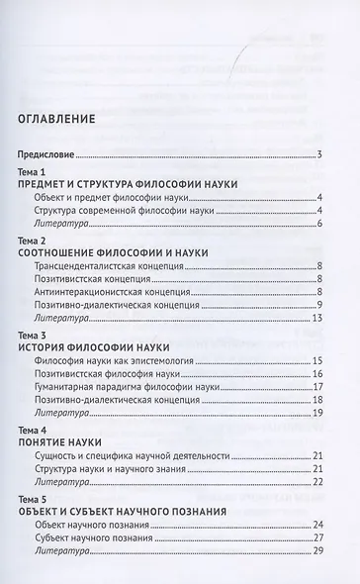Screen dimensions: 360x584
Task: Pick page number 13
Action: (318, 321)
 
